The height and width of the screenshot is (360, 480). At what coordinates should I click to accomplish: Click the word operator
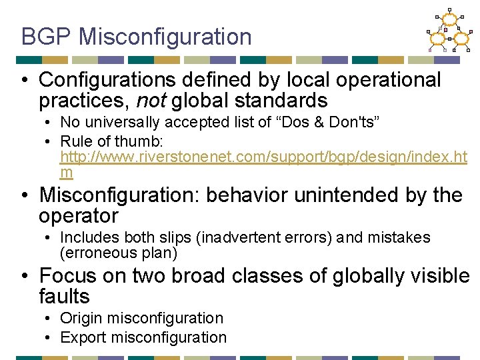click(78, 216)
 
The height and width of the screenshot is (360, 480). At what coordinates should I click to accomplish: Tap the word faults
click(64, 296)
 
